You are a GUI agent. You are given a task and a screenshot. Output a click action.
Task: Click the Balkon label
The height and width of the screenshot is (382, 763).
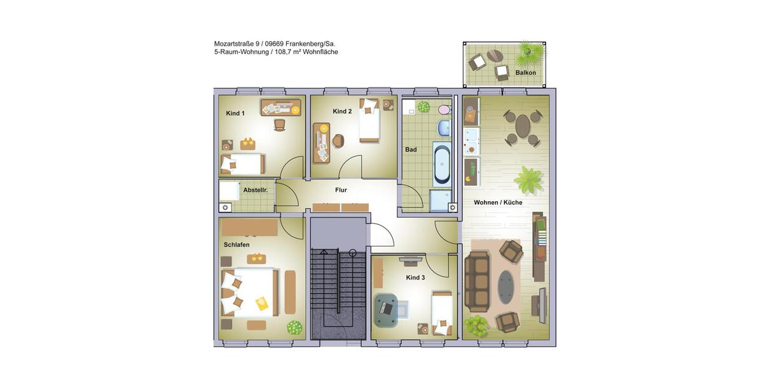[525, 73]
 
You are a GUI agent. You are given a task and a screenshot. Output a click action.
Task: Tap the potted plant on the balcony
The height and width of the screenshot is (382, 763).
[529, 55]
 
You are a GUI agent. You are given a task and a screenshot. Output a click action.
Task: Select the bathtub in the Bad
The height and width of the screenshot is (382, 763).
[441, 164]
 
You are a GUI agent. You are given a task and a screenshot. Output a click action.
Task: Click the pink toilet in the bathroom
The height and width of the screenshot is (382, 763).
[443, 110]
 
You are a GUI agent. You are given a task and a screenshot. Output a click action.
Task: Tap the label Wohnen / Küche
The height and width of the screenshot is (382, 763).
[498, 202]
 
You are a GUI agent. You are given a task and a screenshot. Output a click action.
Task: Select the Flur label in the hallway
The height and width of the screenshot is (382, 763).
[341, 190]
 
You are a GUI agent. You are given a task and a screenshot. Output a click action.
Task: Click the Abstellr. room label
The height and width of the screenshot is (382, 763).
[255, 190]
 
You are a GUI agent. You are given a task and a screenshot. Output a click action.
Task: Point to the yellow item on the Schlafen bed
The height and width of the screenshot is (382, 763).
[262, 304]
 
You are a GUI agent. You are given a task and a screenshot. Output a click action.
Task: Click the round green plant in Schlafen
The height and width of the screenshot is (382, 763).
[294, 327]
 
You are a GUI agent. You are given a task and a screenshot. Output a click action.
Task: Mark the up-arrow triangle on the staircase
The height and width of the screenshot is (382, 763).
[324, 251]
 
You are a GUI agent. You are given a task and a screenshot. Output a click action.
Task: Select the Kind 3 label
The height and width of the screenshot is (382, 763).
[415, 278]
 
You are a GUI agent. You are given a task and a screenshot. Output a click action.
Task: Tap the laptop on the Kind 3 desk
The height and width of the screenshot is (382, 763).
[386, 308]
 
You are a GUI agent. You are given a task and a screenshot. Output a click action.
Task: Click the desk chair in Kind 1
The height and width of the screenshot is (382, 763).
[279, 125]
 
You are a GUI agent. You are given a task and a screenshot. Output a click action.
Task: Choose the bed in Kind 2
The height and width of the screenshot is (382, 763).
[369, 122]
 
